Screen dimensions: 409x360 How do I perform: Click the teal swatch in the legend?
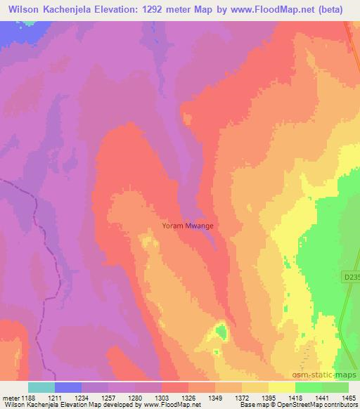click(x=41, y=387)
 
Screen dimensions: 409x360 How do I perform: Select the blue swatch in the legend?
click(x=67, y=387)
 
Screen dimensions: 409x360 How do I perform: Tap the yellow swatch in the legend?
click(x=281, y=387)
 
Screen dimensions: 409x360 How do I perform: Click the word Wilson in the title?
click(x=20, y=9)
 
